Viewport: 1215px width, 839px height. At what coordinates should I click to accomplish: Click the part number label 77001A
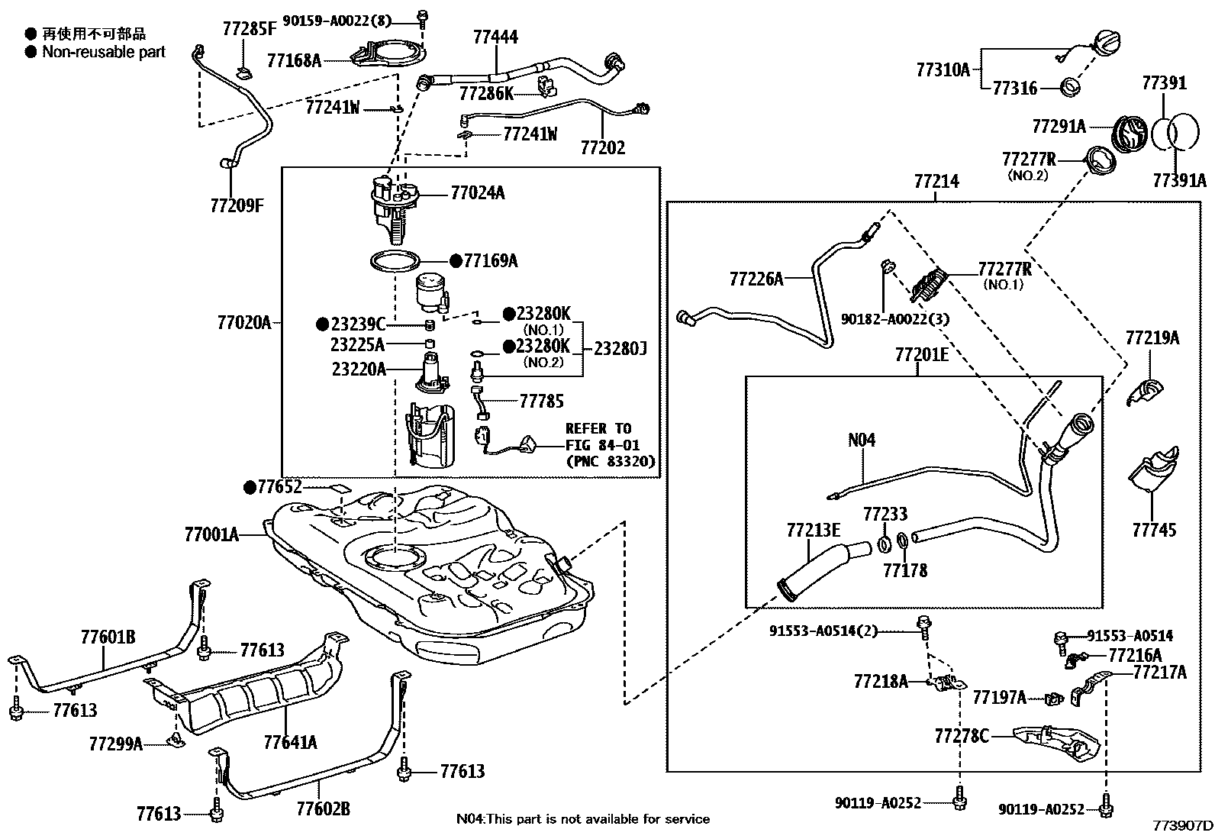pyautogui.click(x=211, y=534)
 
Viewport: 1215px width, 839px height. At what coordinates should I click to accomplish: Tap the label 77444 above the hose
pyautogui.click(x=495, y=37)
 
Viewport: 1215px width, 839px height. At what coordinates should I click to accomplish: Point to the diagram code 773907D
pyautogui.click(x=1182, y=825)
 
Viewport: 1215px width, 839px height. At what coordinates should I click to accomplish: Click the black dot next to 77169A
pyautogui.click(x=456, y=261)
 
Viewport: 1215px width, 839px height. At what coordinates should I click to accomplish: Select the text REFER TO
pyautogui.click(x=598, y=428)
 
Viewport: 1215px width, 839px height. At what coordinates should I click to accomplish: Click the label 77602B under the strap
pyautogui.click(x=323, y=808)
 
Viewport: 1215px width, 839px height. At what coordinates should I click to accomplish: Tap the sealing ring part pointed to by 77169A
pyautogui.click(x=395, y=262)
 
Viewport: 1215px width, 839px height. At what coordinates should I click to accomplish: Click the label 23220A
pyautogui.click(x=358, y=369)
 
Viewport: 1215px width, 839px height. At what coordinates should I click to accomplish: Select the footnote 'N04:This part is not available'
pyautogui.click(x=582, y=819)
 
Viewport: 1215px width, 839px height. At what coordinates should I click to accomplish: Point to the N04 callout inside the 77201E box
pyautogui.click(x=862, y=440)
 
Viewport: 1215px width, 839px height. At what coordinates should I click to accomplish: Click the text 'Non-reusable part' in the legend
pyautogui.click(x=104, y=52)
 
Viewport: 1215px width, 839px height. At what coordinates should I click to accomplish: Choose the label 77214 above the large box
pyautogui.click(x=936, y=182)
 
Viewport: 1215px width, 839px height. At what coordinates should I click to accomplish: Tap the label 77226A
pyautogui.click(x=756, y=279)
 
